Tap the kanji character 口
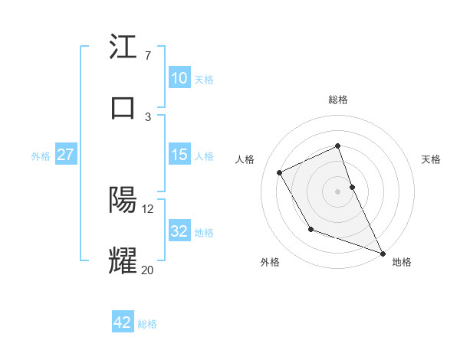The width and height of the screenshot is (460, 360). pyautogui.click(x=123, y=106)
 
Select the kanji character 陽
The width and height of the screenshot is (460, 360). pyautogui.click(x=123, y=200)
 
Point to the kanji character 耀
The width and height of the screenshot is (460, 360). pyautogui.click(x=123, y=260)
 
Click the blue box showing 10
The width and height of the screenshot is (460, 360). pyautogui.click(x=179, y=78)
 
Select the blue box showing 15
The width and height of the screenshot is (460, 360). pyautogui.click(x=179, y=155)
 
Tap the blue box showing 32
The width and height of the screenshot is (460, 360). pyautogui.click(x=179, y=231)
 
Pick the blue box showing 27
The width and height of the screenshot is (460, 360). pyautogui.click(x=65, y=155)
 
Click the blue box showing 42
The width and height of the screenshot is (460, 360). pyautogui.click(x=123, y=322)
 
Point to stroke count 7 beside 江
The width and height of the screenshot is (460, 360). pyautogui.click(x=147, y=56)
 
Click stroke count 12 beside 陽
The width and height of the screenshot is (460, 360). pyautogui.click(x=148, y=208)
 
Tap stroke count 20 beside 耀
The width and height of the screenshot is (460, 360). pyautogui.click(x=148, y=269)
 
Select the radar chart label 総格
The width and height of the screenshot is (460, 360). pyautogui.click(x=338, y=100)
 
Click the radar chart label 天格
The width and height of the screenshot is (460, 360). pyautogui.click(x=431, y=159)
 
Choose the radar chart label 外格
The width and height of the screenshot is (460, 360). pyautogui.click(x=270, y=262)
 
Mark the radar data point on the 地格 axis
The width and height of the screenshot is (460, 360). pyautogui.click(x=383, y=254)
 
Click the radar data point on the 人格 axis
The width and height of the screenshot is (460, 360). pyautogui.click(x=280, y=172)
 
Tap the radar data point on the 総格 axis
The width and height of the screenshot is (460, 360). pyautogui.click(x=338, y=146)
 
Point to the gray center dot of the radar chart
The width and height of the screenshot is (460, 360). pyautogui.click(x=338, y=191)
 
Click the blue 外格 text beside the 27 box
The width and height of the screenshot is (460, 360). pyautogui.click(x=41, y=155)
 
